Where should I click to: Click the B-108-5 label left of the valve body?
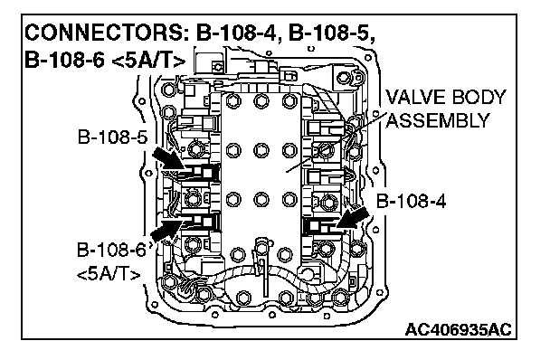112,137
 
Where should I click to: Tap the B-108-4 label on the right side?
411,202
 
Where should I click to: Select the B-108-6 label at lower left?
111,251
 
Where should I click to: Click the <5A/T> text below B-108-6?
109,274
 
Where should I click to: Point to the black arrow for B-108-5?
167,158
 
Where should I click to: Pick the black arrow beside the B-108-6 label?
166,230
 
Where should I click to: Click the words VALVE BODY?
446,97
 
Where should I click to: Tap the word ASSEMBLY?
438,121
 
